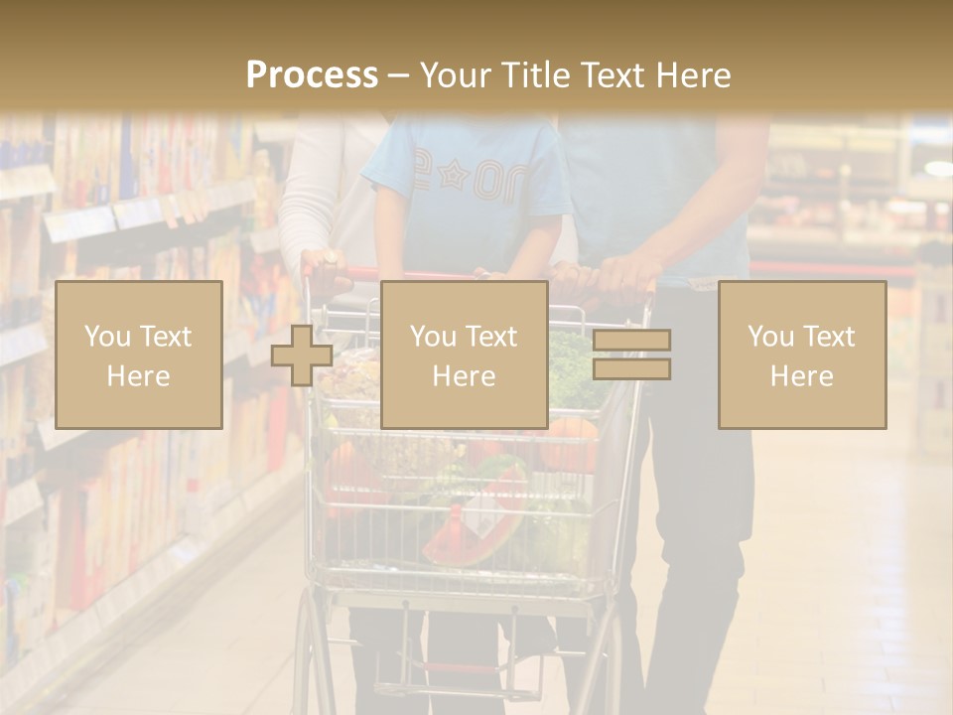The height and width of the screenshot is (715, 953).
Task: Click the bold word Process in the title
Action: coord(312,75)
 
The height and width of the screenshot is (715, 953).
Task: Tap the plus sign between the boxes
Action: coord(302,356)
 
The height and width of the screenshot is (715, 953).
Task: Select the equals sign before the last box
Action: coord(631,355)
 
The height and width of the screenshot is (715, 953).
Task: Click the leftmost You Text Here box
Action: coord(138,355)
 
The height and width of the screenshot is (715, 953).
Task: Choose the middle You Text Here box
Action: coord(464,355)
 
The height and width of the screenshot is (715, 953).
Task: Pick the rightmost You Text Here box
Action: coord(801,355)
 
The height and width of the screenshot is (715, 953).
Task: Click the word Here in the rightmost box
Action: coord(801,376)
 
